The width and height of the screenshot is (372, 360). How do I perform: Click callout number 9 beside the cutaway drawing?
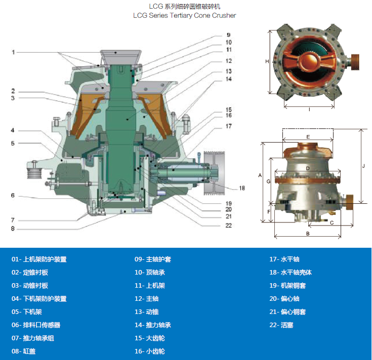coord(228,35)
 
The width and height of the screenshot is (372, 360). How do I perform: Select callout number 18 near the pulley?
coord(242,188)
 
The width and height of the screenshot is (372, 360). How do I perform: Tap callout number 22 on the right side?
coord(228,226)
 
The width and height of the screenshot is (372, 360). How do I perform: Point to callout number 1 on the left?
coord(14,52)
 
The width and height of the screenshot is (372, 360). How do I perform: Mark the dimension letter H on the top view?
coord(267,62)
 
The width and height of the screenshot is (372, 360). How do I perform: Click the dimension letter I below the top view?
coord(309,109)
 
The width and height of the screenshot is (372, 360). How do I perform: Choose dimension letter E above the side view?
coord(308,137)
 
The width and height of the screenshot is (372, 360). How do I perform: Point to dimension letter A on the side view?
coord(260,175)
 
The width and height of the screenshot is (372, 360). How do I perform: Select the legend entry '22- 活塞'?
coord(281,325)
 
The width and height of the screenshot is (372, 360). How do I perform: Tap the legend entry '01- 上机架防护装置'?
coord(39,259)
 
